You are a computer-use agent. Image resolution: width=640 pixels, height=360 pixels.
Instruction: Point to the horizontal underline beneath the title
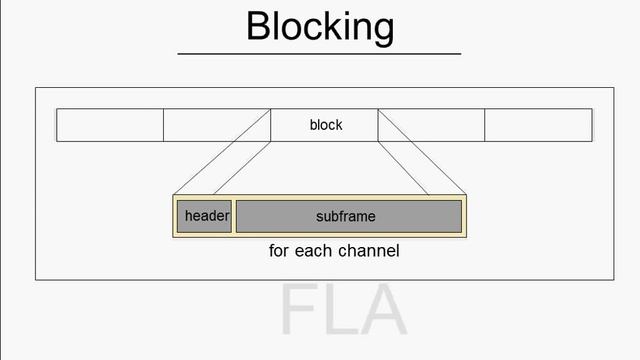pos(319,53)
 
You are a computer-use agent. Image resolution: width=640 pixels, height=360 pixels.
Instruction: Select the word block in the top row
pos(326,125)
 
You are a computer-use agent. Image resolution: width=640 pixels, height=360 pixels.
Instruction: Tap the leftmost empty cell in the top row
pos(110,125)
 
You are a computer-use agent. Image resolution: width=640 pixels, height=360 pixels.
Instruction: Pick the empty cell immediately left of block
pos(217,125)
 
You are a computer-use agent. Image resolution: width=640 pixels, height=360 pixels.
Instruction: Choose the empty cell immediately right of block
pos(431,125)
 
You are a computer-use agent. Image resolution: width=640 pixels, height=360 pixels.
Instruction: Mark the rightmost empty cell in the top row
pos(538,125)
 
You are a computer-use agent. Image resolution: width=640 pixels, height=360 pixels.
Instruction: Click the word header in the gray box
pos(207,216)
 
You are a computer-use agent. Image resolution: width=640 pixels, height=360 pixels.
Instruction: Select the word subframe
pos(347,216)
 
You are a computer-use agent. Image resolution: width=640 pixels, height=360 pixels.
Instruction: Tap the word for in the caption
pos(280,251)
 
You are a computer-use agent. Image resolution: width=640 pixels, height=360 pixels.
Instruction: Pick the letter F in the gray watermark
pos(297,311)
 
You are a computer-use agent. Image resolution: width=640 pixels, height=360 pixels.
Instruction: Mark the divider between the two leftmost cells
pos(163,125)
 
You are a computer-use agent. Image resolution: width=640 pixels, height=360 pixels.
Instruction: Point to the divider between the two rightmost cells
pos(485,125)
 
